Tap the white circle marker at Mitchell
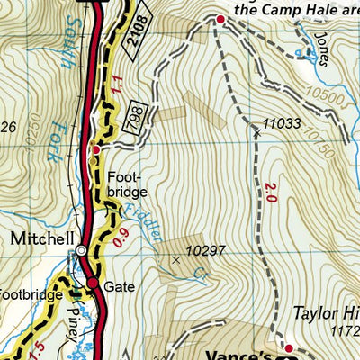81,251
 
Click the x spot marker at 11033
256,133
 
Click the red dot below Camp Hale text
218,18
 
